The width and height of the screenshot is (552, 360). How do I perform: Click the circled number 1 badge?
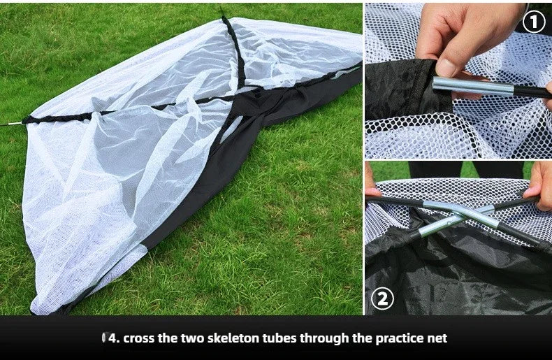[x=534, y=22]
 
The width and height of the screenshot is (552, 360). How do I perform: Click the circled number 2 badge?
[x=382, y=298]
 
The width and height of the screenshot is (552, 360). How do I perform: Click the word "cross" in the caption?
[x=139, y=338]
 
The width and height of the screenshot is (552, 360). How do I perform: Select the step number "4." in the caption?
[x=114, y=338]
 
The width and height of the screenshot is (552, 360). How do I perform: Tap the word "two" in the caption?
[x=192, y=338]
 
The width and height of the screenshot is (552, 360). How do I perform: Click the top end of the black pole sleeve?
[x=222, y=10]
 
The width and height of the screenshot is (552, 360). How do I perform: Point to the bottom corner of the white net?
[x=35, y=310]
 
